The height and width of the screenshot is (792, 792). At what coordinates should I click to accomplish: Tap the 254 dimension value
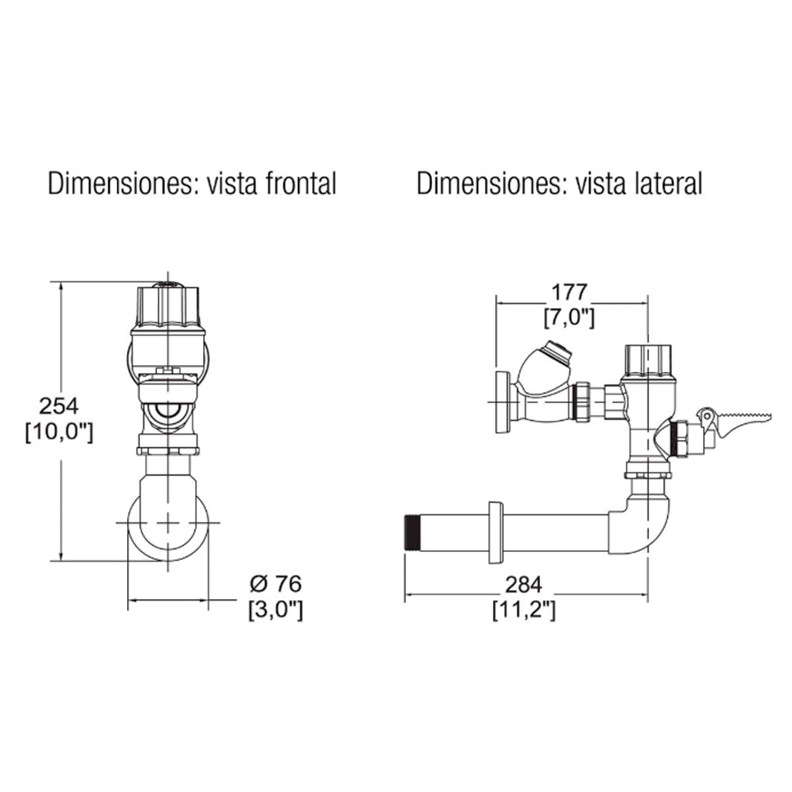59,406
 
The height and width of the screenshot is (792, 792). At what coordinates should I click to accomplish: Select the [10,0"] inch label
59,433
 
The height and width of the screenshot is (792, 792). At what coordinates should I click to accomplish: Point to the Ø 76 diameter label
276,584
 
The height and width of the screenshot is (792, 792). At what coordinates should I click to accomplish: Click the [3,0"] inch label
276,610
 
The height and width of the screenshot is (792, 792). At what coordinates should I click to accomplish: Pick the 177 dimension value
569,291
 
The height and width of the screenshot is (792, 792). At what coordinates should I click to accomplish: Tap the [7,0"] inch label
569,318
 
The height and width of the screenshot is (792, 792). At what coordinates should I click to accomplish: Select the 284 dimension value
524,584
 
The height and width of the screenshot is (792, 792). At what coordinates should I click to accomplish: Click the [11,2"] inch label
524,611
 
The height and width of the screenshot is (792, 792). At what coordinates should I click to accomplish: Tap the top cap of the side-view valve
648,361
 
